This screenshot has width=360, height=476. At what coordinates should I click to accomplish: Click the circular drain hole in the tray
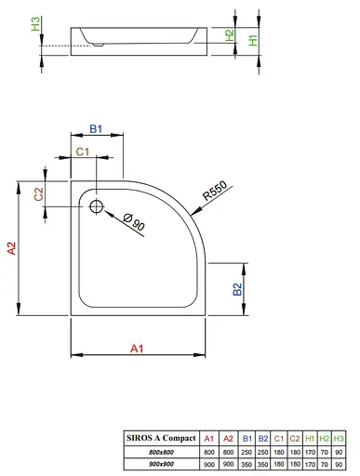(x=96, y=205)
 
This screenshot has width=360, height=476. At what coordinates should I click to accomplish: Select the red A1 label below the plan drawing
(x=136, y=348)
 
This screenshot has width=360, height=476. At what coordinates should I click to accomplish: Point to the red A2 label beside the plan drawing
(x=11, y=248)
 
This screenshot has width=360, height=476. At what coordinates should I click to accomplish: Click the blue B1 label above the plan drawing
(x=95, y=130)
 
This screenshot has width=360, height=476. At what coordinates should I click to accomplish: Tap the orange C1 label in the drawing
(x=82, y=152)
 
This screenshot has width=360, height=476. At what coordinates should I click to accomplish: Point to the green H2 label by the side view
(x=228, y=34)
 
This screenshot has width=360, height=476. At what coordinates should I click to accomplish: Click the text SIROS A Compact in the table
(x=161, y=438)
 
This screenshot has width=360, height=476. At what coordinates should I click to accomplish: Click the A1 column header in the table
(x=209, y=438)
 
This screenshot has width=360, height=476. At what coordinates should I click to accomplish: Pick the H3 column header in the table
(x=338, y=438)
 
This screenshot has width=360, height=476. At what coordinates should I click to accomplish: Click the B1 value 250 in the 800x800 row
(x=247, y=450)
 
